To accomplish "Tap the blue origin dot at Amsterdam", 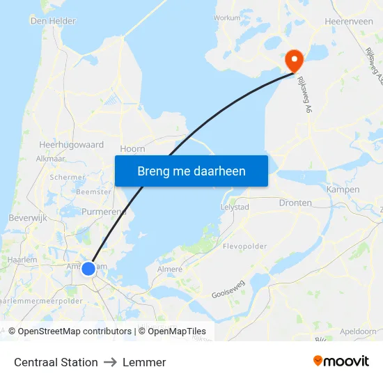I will click(88, 268).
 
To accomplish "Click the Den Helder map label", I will click(53, 21).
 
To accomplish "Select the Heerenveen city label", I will click(349, 22).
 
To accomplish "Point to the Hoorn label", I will click(132, 148).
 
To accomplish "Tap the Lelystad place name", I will click(235, 208).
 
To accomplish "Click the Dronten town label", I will click(295, 203).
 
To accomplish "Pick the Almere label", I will click(170, 269).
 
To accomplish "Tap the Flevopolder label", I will click(245, 247).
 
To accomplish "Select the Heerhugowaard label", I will click(71, 145).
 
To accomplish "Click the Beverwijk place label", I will click(27, 218).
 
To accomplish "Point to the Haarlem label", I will click(22, 259).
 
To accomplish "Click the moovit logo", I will click(341, 361).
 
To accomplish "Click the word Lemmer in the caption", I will click(144, 362).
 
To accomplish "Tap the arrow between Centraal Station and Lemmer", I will click(110, 362).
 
